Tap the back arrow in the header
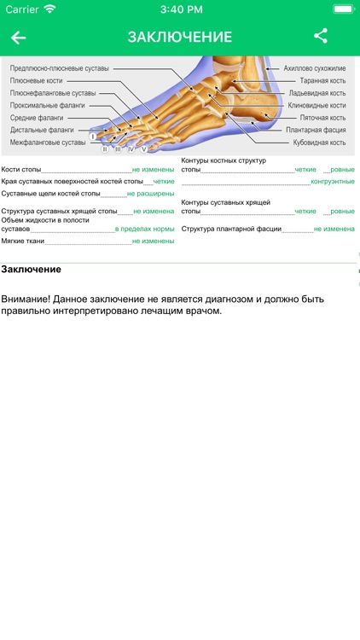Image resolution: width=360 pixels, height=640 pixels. pos(18,38)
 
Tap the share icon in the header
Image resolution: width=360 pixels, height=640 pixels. pos(321,36)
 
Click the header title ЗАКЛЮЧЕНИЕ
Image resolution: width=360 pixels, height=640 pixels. pos(180,38)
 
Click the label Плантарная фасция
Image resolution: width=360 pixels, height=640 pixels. pos(316,130)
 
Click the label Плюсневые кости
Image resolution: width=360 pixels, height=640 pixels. pos(37,80)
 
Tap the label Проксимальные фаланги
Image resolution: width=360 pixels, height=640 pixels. pos(48,105)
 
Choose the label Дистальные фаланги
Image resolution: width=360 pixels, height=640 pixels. pos(42,130)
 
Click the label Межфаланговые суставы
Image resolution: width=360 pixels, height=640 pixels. pos(48,143)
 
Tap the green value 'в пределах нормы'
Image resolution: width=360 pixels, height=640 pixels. pos(145,229)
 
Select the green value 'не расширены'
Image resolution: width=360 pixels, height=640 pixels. pos(151,194)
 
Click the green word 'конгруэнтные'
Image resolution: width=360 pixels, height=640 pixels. pos(333,182)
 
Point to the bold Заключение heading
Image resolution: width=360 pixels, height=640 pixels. pos(31,270)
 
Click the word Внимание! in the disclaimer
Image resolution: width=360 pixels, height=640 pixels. pos(25,300)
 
